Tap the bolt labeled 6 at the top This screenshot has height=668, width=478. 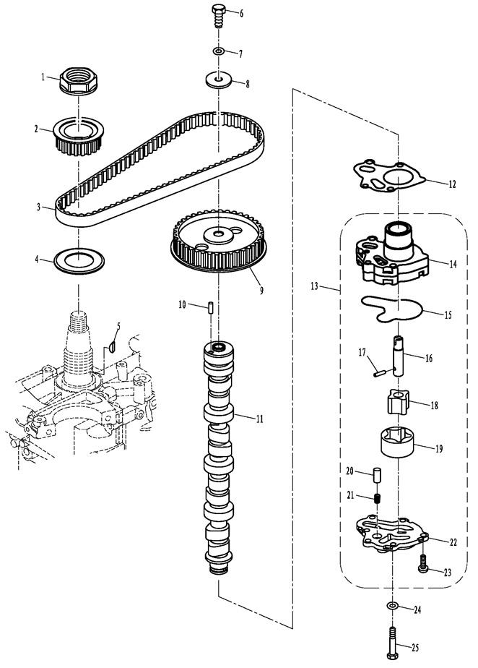pos(218,16)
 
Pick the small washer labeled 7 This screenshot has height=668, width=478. pos(218,51)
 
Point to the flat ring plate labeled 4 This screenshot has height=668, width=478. pos(79,260)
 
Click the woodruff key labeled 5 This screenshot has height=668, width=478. pos(113,346)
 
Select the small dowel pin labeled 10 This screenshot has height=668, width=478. pos(210,307)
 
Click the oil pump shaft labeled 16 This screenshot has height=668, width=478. pos(398,355)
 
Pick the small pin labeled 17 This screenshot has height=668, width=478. pos(378,373)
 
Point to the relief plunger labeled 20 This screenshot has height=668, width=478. pos(377,475)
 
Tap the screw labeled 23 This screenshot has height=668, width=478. pos(424,563)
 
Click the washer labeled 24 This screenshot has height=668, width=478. pos(392,605)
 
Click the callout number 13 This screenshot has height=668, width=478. pos(314,286)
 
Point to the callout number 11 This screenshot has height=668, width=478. pos(260,419)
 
